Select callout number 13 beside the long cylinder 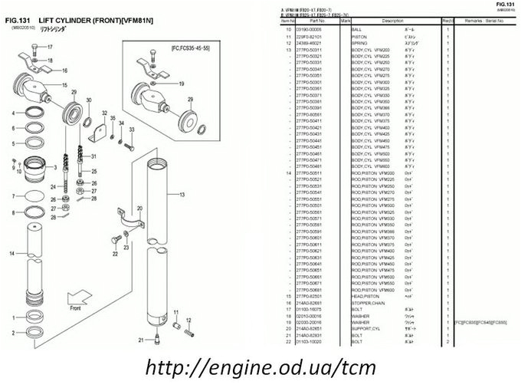[x=182, y=195]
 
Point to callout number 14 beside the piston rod [x=11, y=252]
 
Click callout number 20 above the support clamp [x=139, y=208]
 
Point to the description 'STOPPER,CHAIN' [x=369, y=302]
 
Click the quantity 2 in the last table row [x=447, y=341]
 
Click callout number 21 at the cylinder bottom [x=140, y=339]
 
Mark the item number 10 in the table [x=289, y=28]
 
